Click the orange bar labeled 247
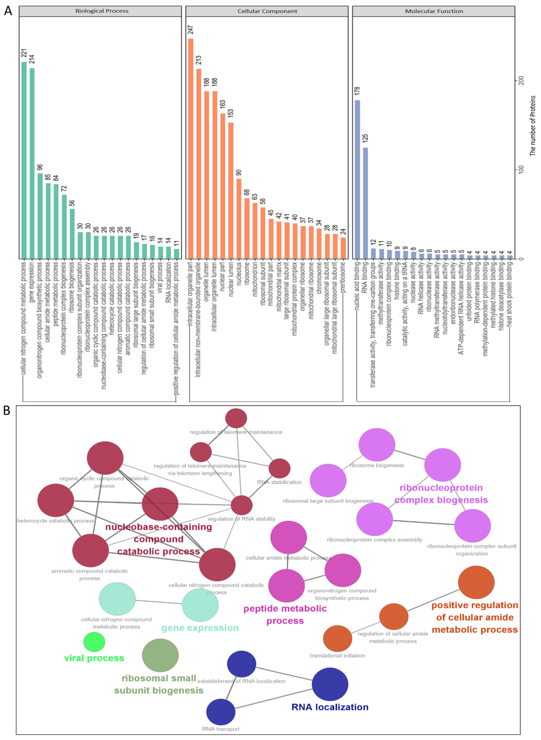coord(191,149)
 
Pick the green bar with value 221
coord(24,160)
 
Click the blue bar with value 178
coord(357,179)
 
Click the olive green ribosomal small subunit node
coord(160,655)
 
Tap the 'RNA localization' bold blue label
coord(330,707)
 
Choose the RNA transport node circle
coord(221,712)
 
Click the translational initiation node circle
coord(337,638)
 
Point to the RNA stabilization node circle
coord(279,468)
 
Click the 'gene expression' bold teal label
coord(200,628)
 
